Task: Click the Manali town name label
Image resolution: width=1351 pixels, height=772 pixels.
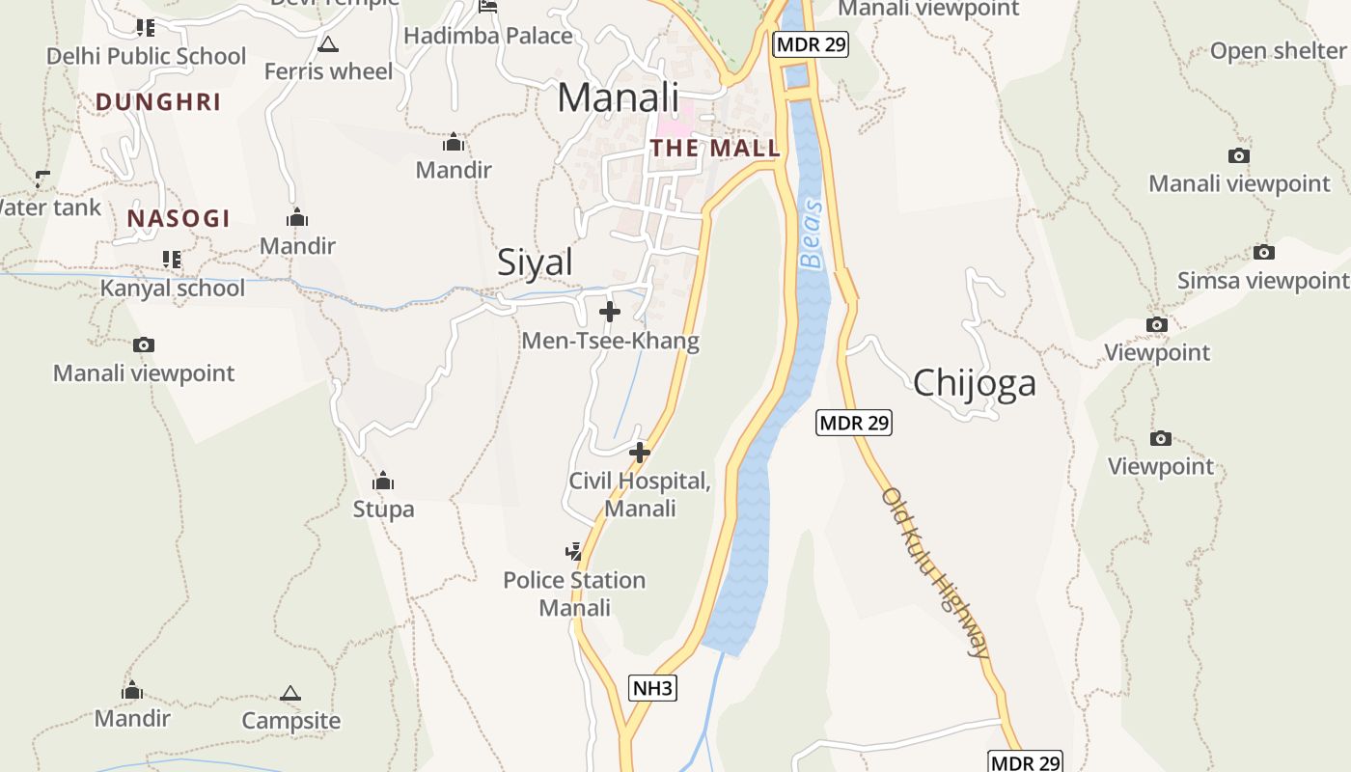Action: point(619,97)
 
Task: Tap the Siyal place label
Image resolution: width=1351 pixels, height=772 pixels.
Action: point(535,262)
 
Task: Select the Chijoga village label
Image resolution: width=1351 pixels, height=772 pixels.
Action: point(974,382)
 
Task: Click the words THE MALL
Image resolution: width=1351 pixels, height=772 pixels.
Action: point(714,148)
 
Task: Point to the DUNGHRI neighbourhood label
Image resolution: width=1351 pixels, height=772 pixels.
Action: point(158,101)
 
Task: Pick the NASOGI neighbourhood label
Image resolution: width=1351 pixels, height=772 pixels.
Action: point(179,218)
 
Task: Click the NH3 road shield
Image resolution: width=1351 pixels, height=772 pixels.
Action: point(652,688)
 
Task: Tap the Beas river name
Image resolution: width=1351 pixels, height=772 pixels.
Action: point(813,234)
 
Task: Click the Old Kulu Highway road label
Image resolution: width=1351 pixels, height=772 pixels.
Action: point(935,572)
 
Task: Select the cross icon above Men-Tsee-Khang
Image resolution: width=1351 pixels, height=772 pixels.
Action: point(610,312)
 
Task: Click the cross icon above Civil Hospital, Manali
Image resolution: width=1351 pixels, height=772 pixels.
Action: point(639,452)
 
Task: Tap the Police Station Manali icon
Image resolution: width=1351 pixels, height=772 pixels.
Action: point(574,551)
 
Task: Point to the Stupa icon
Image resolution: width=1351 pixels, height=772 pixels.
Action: point(383,480)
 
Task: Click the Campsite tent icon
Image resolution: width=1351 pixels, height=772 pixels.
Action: point(290,693)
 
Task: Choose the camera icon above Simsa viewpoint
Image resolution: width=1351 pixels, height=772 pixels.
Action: point(1264,253)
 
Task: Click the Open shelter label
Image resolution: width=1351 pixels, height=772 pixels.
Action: point(1277,51)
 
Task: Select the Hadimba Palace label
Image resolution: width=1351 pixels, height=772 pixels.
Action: point(488,36)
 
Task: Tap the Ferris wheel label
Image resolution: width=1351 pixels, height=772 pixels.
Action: point(328,71)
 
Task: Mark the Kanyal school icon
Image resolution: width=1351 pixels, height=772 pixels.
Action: point(172,259)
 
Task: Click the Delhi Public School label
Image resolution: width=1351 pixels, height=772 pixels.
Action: point(147,56)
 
